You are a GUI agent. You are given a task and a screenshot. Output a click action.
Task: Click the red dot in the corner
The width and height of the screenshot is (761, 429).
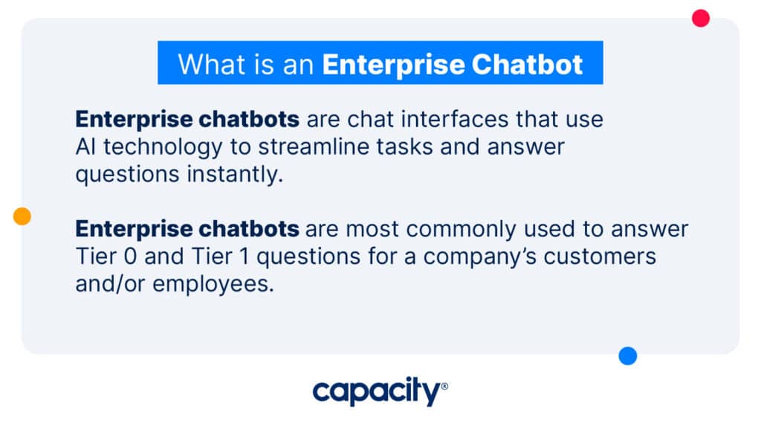click(x=700, y=19)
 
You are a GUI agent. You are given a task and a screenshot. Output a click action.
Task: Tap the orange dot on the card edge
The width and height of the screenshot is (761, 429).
click(x=22, y=216)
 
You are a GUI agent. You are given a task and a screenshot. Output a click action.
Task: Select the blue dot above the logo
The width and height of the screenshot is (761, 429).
click(x=627, y=355)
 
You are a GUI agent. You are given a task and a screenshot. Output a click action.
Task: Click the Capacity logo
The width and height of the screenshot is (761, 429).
click(x=380, y=391)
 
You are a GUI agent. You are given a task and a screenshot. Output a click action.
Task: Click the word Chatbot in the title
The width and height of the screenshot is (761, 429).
click(x=527, y=65)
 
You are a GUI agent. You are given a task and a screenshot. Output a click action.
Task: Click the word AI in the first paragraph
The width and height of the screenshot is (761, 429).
click(x=85, y=146)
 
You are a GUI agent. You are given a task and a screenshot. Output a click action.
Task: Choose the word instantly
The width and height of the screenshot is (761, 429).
click(x=235, y=174)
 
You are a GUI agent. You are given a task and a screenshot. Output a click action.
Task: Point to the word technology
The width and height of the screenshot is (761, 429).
click(x=163, y=147)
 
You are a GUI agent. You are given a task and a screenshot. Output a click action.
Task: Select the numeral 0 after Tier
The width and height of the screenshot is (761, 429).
click(x=130, y=257)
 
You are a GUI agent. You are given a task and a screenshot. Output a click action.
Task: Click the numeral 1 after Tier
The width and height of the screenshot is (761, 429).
click(x=244, y=257)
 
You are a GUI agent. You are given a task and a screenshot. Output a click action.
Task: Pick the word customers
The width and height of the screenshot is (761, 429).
click(x=600, y=257)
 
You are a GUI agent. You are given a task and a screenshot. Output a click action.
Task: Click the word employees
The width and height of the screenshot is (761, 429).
click(x=213, y=284)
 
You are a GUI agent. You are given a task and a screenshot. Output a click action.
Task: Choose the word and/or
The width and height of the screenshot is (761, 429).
click(x=110, y=284)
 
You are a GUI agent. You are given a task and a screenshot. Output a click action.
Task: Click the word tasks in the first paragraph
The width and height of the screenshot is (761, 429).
click(x=404, y=146)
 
